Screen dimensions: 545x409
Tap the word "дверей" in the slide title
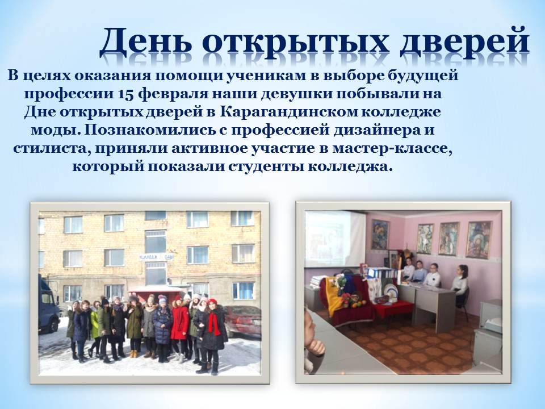[465, 43]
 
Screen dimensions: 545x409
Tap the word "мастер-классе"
[392, 148]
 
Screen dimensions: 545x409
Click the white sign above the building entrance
[156, 257]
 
